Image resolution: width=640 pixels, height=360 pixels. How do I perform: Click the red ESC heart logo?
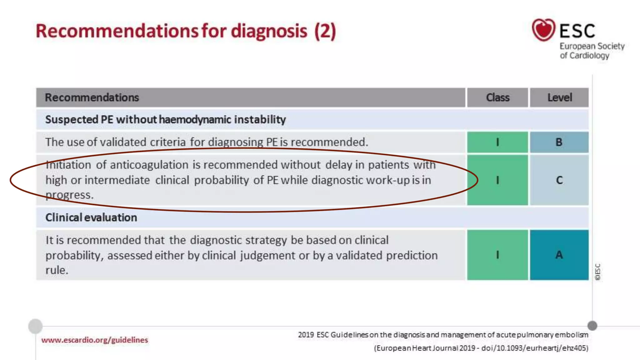point(543,30)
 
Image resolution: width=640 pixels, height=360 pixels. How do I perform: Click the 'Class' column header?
point(497,97)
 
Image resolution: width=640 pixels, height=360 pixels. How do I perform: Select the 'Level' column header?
point(559,97)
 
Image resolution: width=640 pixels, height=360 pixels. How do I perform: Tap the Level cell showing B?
point(559,142)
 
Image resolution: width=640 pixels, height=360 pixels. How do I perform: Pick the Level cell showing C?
point(559,180)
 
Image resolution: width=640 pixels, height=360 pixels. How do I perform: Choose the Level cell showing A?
point(559,255)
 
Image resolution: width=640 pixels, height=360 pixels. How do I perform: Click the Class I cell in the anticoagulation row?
point(497,180)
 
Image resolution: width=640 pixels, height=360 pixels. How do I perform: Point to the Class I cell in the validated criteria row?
point(497,142)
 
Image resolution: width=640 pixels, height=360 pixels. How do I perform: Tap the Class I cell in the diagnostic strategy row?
point(497,255)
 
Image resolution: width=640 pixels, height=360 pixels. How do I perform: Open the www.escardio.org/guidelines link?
point(95,340)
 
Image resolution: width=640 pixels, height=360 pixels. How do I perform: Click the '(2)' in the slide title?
point(325,31)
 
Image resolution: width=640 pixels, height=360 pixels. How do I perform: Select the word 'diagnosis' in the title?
point(269,31)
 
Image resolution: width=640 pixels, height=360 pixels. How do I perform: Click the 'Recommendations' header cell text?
point(92,97)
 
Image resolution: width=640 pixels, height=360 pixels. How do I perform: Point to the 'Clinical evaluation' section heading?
point(91,217)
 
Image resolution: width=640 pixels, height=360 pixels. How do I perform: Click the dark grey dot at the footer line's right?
point(592,326)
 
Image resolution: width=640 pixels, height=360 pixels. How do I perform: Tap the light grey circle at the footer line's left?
point(35,326)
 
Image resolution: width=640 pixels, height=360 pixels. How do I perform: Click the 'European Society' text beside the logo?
point(592,46)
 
